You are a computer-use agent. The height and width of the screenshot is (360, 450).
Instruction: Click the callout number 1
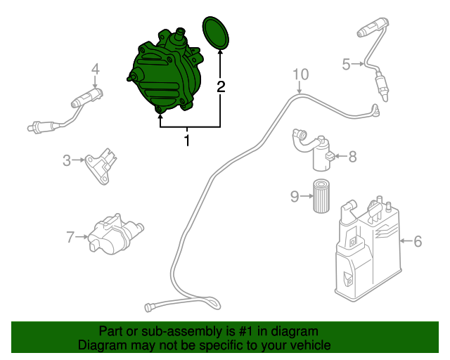pyautogui.click(x=188, y=141)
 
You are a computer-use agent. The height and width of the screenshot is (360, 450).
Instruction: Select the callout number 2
pyautogui.click(x=221, y=86)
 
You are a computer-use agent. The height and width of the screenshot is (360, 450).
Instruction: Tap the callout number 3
pyautogui.click(x=67, y=160)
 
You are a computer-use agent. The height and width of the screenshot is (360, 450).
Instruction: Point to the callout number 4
pyautogui.click(x=95, y=69)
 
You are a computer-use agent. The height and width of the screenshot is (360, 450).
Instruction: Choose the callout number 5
pyautogui.click(x=346, y=65)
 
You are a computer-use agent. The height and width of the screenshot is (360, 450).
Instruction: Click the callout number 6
pyautogui.click(x=418, y=241)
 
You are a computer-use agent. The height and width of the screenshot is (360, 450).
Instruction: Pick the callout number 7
pyautogui.click(x=70, y=237)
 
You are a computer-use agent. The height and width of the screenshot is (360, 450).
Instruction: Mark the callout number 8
pyautogui.click(x=352, y=156)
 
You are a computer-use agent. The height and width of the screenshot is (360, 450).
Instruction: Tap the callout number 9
pyautogui.click(x=295, y=196)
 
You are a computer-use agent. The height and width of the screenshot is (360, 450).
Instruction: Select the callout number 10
pyautogui.click(x=300, y=74)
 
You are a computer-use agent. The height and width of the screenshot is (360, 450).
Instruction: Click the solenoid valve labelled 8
pyautogui.click(x=316, y=150)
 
